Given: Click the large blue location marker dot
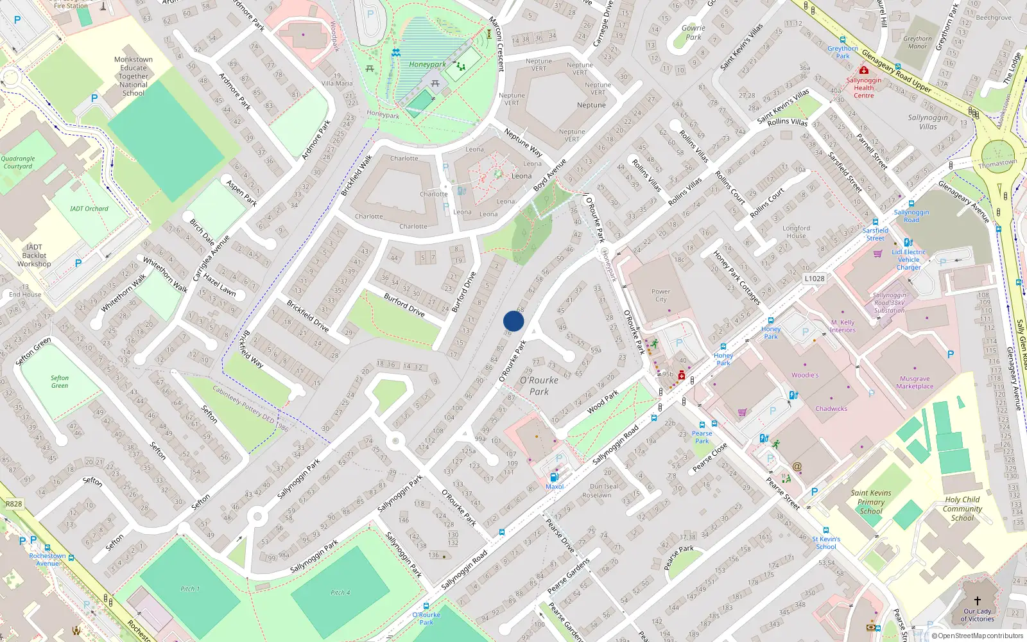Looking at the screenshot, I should coord(513,321).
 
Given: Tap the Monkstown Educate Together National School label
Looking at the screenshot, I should coord(134,76).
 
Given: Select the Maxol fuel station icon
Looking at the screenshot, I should coord(554,477).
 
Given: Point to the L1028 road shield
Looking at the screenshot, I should coord(814,279).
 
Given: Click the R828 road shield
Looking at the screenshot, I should coord(13,504).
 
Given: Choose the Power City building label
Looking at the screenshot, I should coord(660,295).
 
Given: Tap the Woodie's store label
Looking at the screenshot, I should coord(805,375).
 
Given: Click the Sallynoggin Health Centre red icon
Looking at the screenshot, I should coord(863,70).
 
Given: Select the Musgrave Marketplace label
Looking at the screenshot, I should coord(915,383).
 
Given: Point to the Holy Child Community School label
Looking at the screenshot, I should coord(962,508).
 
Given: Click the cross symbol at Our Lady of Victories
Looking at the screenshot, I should coord(977,601).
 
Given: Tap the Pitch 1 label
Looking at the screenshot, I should coord(190,589).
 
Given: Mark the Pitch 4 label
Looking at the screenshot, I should coord(340,593).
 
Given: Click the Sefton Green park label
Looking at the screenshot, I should coord(60,382).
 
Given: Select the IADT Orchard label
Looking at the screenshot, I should coord(89,209).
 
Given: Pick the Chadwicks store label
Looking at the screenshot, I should coord(831,408).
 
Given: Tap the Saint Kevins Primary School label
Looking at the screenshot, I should coord(871,502).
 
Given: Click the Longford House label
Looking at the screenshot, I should coord(796,232).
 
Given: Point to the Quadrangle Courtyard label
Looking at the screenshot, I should coord(18,162).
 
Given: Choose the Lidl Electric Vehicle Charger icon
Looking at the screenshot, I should coord(908,243).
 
